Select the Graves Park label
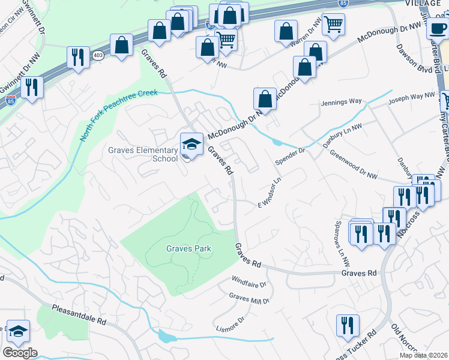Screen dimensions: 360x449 point(185,248)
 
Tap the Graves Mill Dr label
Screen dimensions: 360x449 point(250,298)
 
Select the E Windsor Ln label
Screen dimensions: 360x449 point(270,193)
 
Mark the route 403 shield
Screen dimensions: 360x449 point(98,55)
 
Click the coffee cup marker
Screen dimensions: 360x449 point(438,28)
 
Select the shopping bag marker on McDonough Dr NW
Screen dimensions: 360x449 point(265,98)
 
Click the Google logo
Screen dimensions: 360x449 point(20,353)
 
